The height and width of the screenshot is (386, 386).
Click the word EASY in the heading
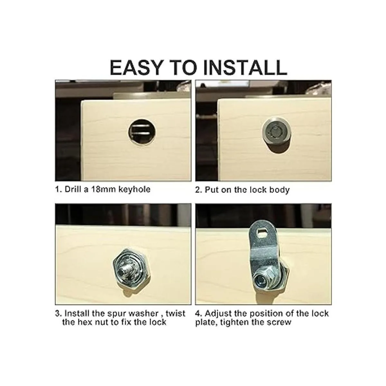(x=136, y=67)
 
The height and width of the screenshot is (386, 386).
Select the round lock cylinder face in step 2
(x=277, y=132)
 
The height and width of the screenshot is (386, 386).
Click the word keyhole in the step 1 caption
(x=134, y=190)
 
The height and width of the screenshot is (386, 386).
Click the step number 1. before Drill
(x=58, y=189)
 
